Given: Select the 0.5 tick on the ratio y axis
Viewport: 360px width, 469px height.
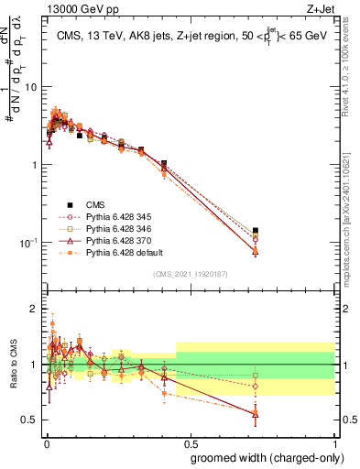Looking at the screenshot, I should [x=31, y=420].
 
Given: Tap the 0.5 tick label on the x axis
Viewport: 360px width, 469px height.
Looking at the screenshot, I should [x=190, y=442].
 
